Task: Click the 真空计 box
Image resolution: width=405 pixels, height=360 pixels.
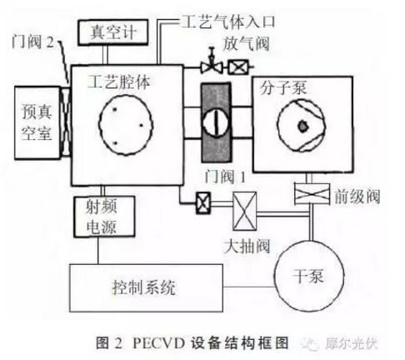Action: (112, 32)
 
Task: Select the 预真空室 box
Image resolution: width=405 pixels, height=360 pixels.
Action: (37, 122)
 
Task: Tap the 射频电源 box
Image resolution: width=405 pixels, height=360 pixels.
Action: (104, 217)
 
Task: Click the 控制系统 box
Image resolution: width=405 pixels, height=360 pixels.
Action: (146, 287)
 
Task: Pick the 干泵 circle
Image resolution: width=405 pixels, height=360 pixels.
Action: (309, 276)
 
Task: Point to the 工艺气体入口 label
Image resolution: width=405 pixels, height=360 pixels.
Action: (228, 22)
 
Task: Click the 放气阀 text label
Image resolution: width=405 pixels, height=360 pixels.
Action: (247, 44)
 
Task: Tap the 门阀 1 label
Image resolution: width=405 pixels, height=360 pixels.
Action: (225, 176)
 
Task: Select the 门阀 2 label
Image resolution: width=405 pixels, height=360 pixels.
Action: (32, 42)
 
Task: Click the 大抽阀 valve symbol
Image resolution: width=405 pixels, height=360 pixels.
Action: (244, 211)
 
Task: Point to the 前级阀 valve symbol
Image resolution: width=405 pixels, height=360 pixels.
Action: (312, 193)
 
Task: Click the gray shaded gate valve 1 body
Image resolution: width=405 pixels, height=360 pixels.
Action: (216, 122)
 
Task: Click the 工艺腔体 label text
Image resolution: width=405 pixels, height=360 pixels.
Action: (119, 82)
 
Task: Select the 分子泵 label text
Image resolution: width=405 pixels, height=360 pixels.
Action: (283, 87)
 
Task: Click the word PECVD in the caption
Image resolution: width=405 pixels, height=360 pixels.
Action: (158, 343)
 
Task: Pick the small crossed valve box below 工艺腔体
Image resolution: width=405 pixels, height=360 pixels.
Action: (203, 203)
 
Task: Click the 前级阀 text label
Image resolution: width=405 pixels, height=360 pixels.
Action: (357, 197)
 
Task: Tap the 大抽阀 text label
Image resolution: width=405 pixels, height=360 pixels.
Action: (247, 246)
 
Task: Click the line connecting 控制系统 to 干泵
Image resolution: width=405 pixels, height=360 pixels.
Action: (249, 287)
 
